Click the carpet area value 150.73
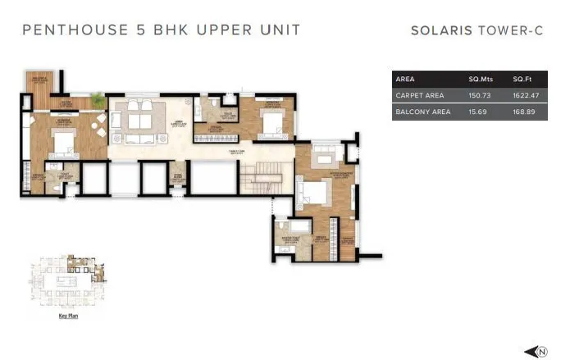click(480, 96)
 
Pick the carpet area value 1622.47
click(525, 96)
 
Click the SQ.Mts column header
click(480, 80)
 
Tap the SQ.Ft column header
click(522, 80)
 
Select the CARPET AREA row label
click(419, 96)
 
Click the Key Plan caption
click(68, 315)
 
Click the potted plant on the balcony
click(99, 99)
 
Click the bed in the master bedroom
click(312, 194)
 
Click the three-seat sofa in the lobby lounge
click(139, 121)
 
